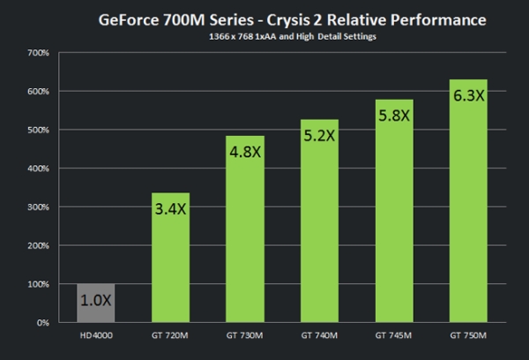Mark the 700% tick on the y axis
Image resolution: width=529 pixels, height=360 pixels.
pyautogui.click(x=37, y=53)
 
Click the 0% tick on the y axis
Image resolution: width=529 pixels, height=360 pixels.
pyautogui.click(x=41, y=323)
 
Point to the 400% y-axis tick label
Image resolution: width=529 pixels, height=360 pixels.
pyautogui.click(x=37, y=169)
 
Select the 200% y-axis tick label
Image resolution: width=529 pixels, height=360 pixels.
pyautogui.click(x=37, y=246)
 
